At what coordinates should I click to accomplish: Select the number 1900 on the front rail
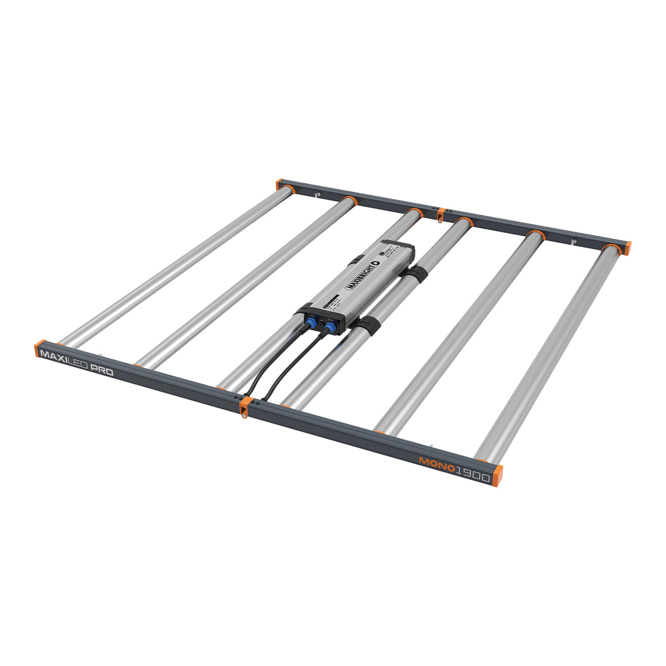[x=472, y=476]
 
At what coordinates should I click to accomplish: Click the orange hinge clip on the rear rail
[x=441, y=213]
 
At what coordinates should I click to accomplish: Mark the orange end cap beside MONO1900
[x=497, y=476]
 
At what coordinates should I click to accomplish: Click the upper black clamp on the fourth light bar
[x=419, y=274]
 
